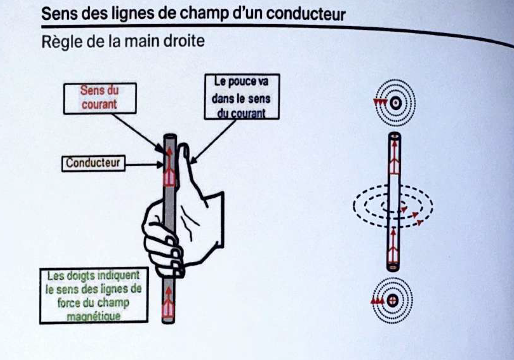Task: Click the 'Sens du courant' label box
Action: coord(100,98)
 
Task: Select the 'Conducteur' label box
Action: coord(93,163)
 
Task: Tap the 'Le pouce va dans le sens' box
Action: coord(241,97)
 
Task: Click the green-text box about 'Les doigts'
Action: coord(94,295)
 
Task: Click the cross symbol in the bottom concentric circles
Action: coord(392,300)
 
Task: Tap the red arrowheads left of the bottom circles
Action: coord(377,300)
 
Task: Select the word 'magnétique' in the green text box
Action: coord(93,316)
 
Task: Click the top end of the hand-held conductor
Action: coord(169,138)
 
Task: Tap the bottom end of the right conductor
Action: coord(393,267)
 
